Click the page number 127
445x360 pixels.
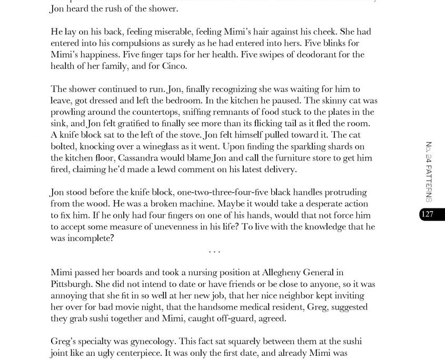point(427,214)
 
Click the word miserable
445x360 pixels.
point(142,32)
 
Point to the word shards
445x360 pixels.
point(353,146)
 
